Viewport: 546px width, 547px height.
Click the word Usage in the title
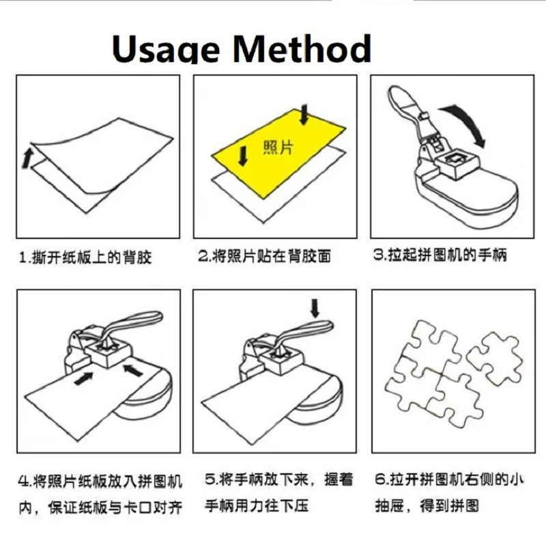pyautogui.click(x=166, y=49)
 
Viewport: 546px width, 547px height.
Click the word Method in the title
pyautogui.click(x=302, y=48)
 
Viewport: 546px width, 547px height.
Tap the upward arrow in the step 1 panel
pyautogui.click(x=27, y=158)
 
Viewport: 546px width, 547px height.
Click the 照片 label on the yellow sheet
pyautogui.click(x=278, y=148)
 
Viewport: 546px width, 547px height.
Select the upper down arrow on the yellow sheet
pyautogui.click(x=304, y=115)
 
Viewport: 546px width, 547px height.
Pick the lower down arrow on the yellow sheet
pyautogui.click(x=243, y=156)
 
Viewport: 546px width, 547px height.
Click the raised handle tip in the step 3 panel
pyautogui.click(x=397, y=94)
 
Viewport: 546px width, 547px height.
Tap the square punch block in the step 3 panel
pyautogui.click(x=458, y=163)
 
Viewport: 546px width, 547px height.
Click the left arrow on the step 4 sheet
pyautogui.click(x=84, y=378)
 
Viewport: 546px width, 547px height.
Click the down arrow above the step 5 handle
pyautogui.click(x=315, y=308)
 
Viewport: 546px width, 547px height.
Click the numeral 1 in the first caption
pyautogui.click(x=23, y=258)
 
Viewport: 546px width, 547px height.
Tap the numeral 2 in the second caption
pyautogui.click(x=203, y=255)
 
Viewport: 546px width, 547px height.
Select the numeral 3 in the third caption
pyautogui.click(x=378, y=254)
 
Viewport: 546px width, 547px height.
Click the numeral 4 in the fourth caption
pyautogui.click(x=24, y=481)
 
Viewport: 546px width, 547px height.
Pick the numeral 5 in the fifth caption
pyautogui.click(x=210, y=479)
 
